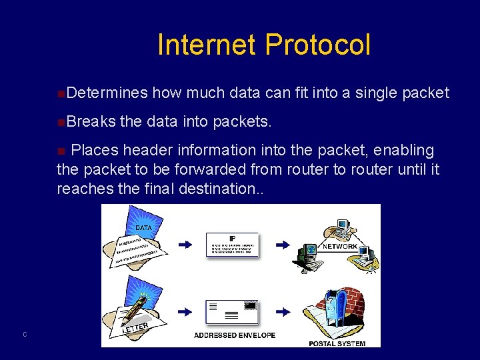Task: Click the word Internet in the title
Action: pyautogui.click(x=207, y=45)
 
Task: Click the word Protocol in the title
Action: pyautogui.click(x=317, y=45)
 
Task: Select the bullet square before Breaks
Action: pyautogui.click(x=61, y=123)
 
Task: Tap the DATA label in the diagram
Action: pyautogui.click(x=143, y=227)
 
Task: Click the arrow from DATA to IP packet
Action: pyautogui.click(x=186, y=245)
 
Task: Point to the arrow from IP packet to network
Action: pyautogui.click(x=283, y=245)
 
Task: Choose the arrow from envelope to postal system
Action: pyautogui.click(x=283, y=311)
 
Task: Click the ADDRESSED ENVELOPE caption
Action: pyautogui.click(x=235, y=335)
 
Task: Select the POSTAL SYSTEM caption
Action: pyautogui.click(x=337, y=343)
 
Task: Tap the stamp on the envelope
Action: pyautogui.click(x=250, y=305)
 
